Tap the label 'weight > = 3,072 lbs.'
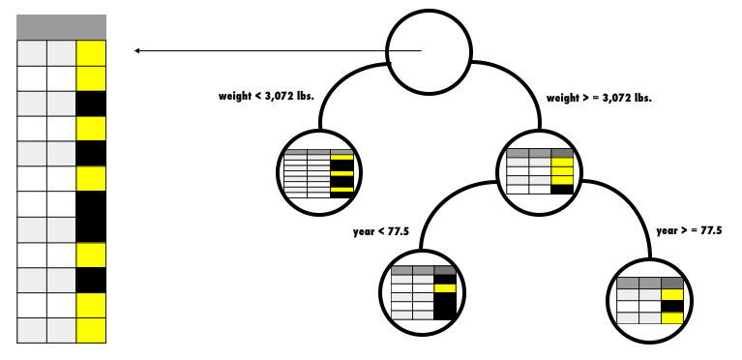[x=599, y=98]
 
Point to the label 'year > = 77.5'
[x=689, y=230]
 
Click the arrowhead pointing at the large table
[x=138, y=50]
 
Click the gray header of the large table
[x=61, y=27]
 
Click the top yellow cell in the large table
[x=90, y=52]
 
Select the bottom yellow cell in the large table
[x=90, y=330]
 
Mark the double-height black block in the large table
[x=90, y=216]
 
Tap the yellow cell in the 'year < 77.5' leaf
[x=445, y=287]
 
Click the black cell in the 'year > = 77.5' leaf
[x=672, y=307]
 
